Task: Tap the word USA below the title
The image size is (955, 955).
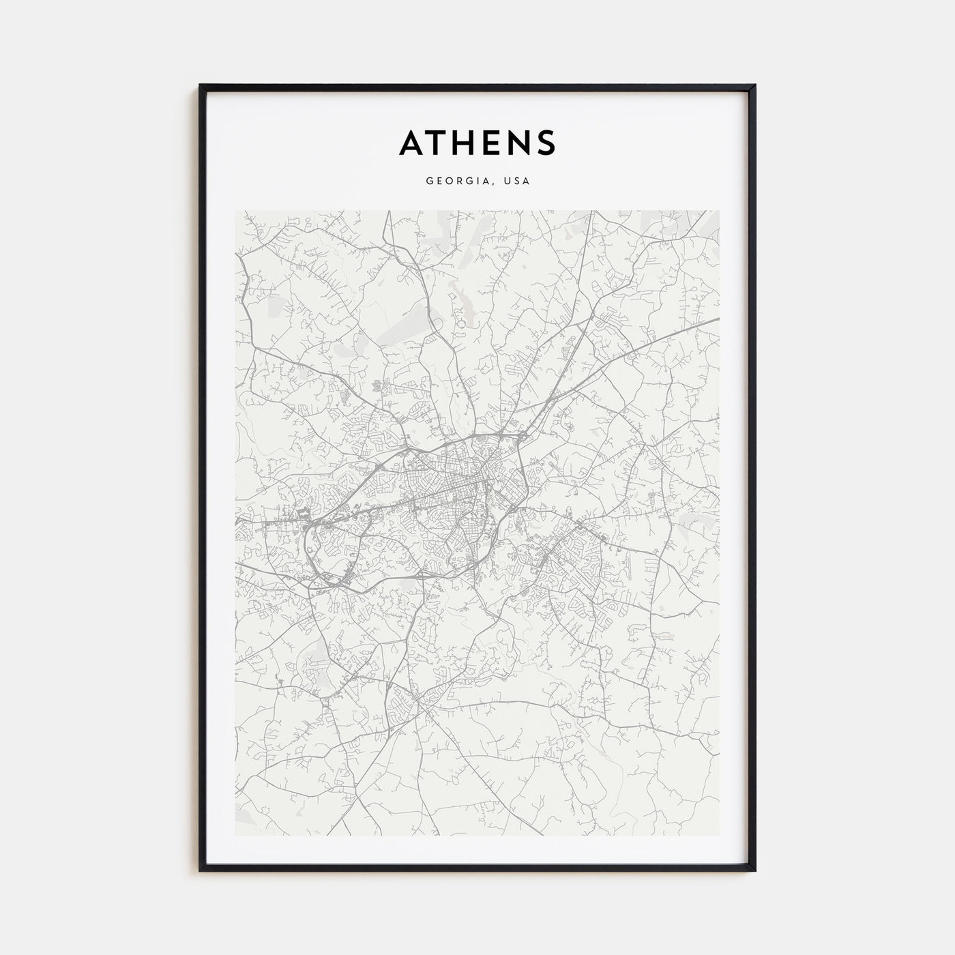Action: [x=516, y=181]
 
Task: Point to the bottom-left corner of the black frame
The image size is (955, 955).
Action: [x=201, y=870]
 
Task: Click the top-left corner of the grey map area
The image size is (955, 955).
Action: [x=236, y=211]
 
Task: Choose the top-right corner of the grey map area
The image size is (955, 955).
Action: [x=719, y=211]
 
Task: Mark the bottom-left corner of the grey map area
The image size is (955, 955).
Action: [x=236, y=835]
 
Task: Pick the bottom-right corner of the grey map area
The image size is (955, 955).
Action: [x=719, y=835]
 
